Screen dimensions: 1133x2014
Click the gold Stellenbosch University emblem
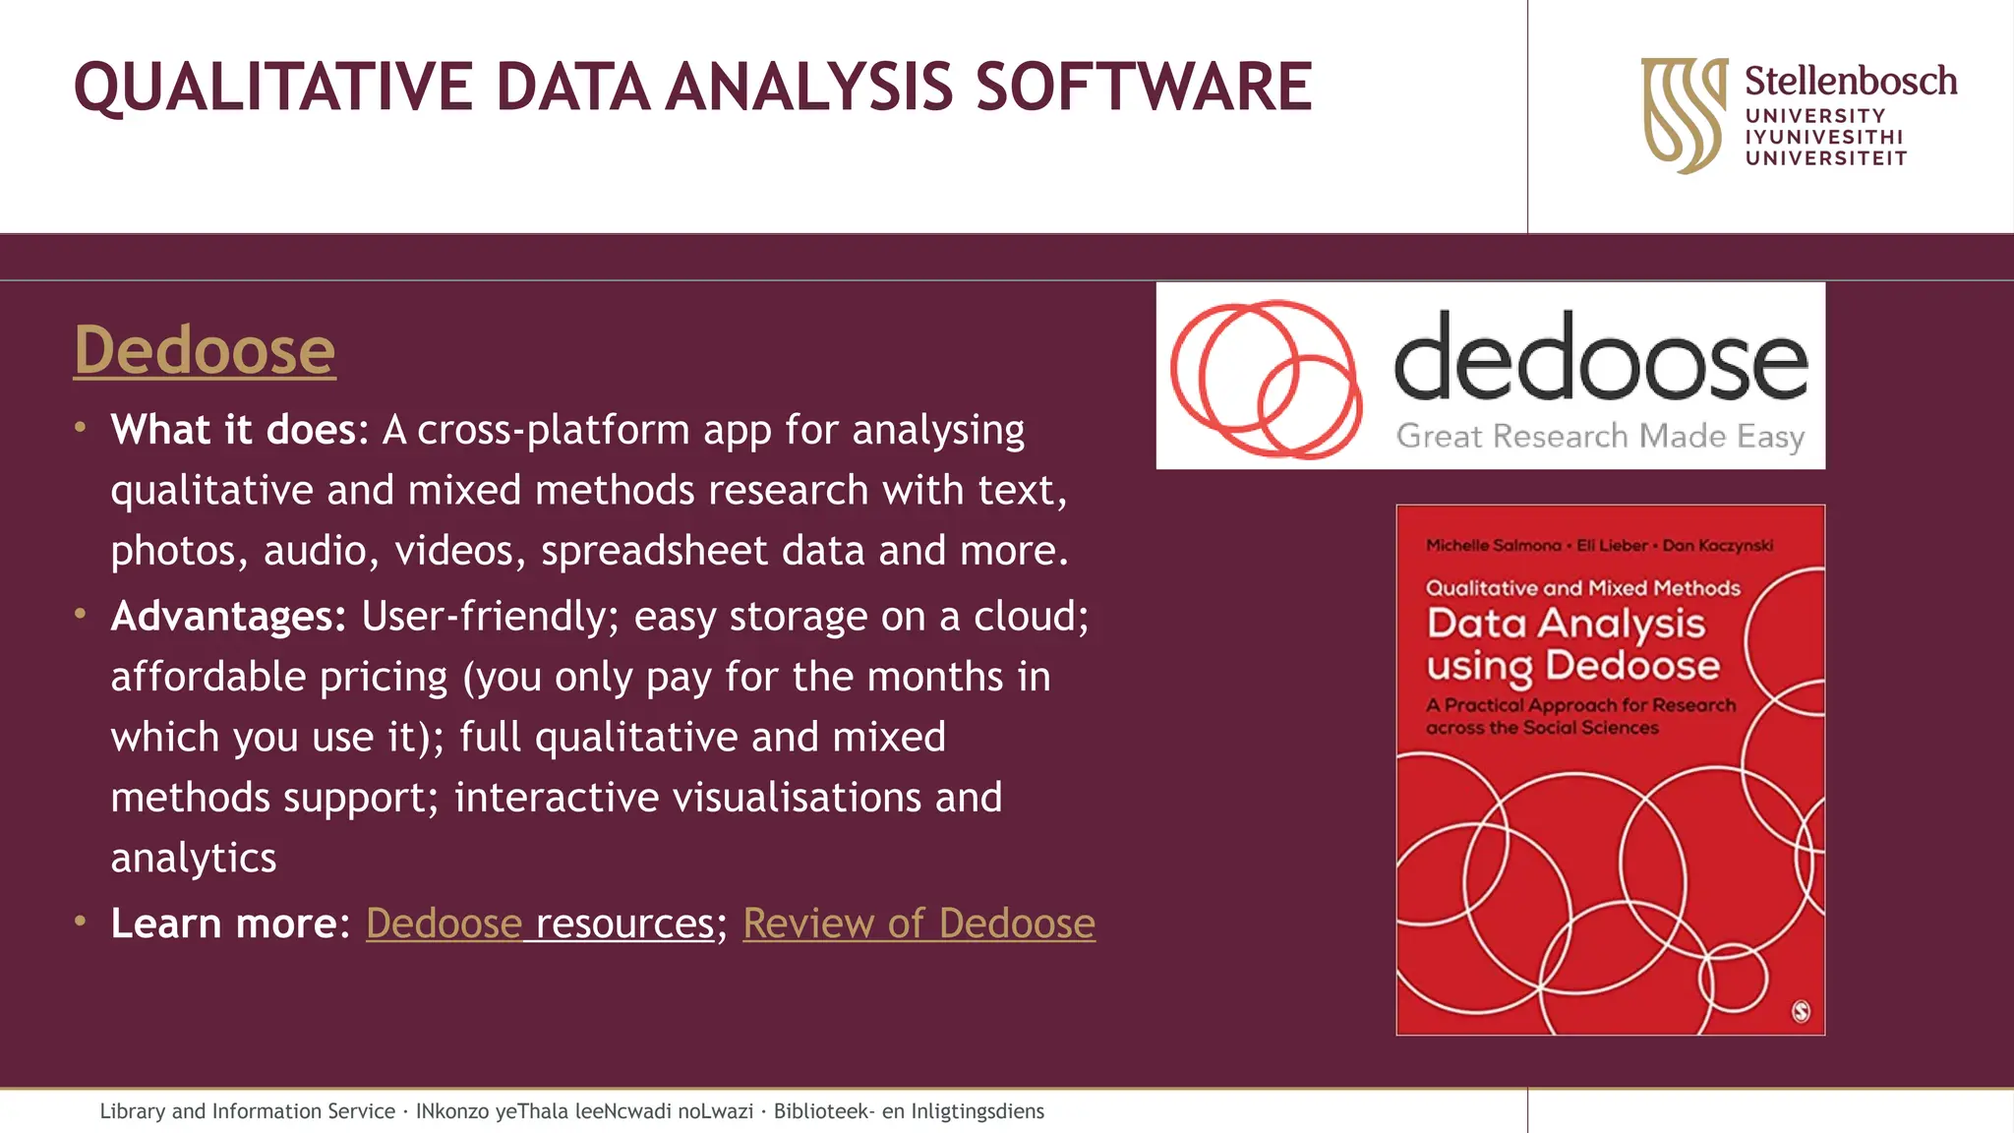point(1684,114)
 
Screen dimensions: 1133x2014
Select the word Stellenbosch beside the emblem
point(1850,81)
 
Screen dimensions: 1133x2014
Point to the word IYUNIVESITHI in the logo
point(1824,137)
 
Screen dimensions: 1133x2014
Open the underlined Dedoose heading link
point(205,350)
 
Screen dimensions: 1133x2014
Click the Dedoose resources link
point(540,923)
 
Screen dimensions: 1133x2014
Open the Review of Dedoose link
point(918,923)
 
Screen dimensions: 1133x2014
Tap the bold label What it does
point(233,430)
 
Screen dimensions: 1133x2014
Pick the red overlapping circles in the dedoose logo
point(1266,378)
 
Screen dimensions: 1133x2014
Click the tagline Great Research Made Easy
point(1600,436)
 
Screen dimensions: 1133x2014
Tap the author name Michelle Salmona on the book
point(1493,545)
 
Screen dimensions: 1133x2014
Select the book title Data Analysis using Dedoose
point(1572,644)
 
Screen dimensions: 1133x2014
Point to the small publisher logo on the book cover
point(1801,1011)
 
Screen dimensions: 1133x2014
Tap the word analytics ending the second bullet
point(194,858)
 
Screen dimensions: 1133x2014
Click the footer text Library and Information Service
point(247,1111)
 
